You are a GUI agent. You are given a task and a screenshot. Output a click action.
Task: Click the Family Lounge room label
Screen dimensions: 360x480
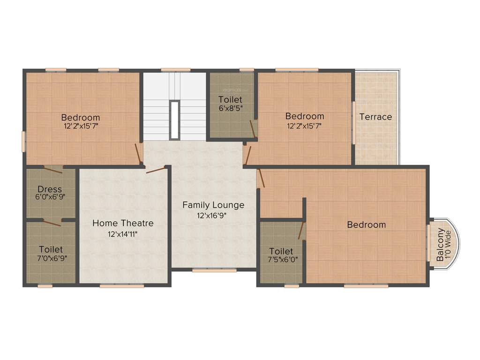click(213, 205)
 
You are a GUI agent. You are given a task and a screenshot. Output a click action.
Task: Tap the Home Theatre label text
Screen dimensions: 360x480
click(123, 223)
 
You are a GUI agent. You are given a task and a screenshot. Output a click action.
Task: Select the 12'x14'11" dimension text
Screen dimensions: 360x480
click(123, 234)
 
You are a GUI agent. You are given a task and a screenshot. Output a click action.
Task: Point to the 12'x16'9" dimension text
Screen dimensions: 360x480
click(213, 216)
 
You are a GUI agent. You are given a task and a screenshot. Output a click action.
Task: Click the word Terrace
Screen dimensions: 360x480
click(375, 117)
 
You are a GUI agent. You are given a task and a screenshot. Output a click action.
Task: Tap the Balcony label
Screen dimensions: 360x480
click(440, 245)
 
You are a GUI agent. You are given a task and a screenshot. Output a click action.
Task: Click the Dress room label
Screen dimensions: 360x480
click(50, 189)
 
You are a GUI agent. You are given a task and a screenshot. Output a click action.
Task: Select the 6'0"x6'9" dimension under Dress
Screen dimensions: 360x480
click(50, 197)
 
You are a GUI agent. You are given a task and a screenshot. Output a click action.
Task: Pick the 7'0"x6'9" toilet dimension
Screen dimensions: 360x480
click(51, 257)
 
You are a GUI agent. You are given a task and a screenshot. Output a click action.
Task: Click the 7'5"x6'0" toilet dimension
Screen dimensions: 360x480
click(281, 259)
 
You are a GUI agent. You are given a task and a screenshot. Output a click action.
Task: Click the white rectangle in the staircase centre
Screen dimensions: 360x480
click(174, 120)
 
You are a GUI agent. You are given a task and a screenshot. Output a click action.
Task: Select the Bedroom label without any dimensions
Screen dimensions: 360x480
click(366, 225)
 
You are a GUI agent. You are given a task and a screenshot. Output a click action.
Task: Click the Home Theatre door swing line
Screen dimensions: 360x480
click(156, 170)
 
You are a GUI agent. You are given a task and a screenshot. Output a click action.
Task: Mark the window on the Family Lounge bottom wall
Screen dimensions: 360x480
click(208, 270)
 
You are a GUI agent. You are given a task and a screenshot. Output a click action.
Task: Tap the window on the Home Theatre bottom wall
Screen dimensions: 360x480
click(121, 285)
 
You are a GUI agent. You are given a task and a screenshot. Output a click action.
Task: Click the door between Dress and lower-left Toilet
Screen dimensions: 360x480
click(52, 222)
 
